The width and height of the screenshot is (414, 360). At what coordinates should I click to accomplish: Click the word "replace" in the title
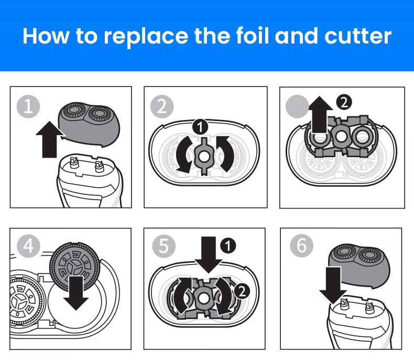tap(146, 37)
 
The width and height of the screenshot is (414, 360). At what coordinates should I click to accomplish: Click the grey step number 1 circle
tap(28, 106)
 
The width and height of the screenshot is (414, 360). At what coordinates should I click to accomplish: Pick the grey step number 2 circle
tap(162, 106)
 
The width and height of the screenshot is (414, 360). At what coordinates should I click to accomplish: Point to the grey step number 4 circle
tap(28, 246)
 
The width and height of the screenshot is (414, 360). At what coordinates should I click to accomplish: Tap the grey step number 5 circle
tap(164, 246)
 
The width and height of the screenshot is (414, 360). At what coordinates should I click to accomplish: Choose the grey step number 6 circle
tap(301, 246)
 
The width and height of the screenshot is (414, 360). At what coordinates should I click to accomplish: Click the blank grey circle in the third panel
tap(297, 106)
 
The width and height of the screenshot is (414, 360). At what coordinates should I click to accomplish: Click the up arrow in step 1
tap(50, 139)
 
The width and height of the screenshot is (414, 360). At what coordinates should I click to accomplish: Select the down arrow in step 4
tap(76, 293)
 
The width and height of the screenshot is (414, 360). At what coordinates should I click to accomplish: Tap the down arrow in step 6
tap(333, 285)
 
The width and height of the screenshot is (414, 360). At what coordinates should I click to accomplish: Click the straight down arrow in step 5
tap(209, 255)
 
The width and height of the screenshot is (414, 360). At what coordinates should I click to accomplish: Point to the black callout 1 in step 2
tap(200, 127)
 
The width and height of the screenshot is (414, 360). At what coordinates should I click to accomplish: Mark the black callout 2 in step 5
tap(242, 291)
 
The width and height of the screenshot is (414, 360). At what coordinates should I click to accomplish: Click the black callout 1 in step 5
tap(228, 245)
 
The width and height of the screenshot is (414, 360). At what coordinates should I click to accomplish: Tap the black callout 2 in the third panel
tap(344, 102)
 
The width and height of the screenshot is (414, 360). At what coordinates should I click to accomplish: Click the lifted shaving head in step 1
tap(89, 124)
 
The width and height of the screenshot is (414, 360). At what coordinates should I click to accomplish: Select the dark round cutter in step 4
tap(75, 267)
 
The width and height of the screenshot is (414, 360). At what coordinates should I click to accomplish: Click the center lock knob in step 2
tap(203, 156)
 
